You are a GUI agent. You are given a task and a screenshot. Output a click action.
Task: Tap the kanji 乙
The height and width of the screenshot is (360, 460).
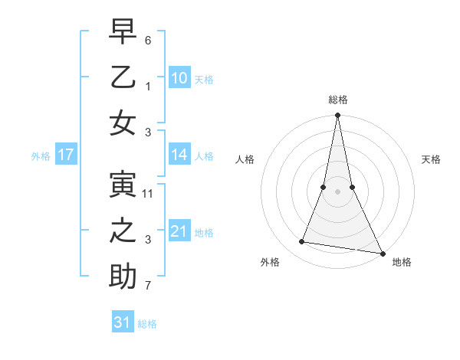pos(123,78)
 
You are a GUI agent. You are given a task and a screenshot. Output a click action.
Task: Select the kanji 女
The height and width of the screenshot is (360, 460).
pos(123,124)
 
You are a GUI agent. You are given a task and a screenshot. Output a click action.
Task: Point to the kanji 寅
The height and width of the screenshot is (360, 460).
pos(123,186)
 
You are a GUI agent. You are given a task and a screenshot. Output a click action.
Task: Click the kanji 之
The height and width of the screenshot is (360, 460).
pos(123,232)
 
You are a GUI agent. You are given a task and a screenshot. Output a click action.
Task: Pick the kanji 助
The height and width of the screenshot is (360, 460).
pos(123,278)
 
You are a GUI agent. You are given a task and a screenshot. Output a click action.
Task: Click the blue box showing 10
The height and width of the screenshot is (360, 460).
pos(179,77)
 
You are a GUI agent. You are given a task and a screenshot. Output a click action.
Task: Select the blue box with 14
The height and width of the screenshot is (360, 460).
pos(179,155)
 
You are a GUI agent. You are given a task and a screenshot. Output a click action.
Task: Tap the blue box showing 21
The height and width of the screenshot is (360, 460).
pos(179,231)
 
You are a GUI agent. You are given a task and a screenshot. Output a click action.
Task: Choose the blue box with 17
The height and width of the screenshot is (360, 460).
pos(65,155)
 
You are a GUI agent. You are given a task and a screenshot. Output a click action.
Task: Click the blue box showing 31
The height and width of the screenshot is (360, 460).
pos(123,322)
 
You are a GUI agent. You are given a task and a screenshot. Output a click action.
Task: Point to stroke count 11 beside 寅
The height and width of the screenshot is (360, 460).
pos(149,194)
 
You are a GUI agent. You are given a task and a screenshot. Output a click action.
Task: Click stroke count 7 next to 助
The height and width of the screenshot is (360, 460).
pos(149,286)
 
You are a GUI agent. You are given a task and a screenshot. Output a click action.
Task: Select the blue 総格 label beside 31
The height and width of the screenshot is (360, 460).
pos(147,324)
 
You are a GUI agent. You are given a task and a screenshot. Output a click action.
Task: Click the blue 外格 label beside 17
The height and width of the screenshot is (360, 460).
pos(41,156)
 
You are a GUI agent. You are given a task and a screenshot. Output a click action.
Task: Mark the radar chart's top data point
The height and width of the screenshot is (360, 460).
pos(337,116)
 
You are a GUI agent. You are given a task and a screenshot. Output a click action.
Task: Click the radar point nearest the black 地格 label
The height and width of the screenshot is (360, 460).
pos(382,254)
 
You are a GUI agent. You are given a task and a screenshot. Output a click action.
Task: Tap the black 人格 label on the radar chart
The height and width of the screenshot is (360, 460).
pos(245,159)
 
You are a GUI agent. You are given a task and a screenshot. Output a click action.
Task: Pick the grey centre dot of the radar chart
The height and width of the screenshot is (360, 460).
pos(337,191)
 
